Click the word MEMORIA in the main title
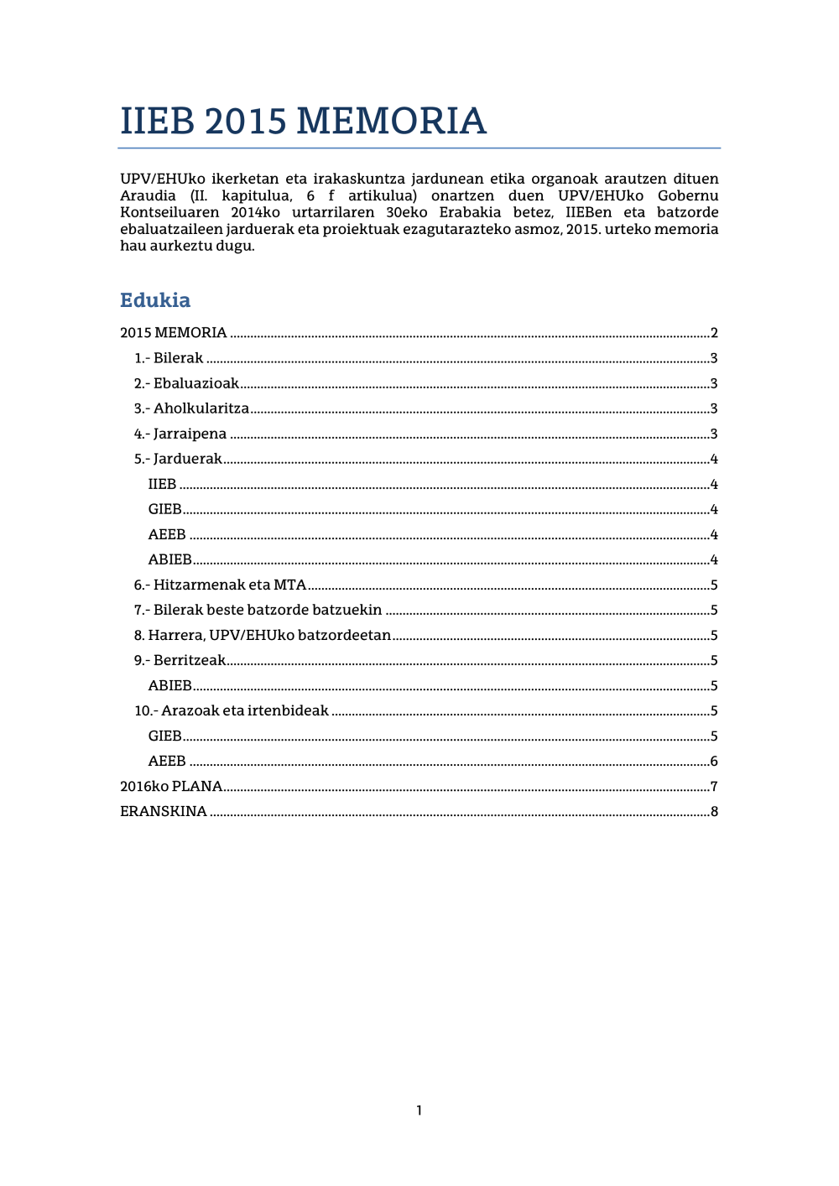click(x=391, y=122)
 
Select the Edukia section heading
click(x=155, y=300)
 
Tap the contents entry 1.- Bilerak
click(x=169, y=358)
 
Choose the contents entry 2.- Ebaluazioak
click(x=186, y=383)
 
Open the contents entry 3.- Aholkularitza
click(x=191, y=408)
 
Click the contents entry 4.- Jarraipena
click(x=180, y=434)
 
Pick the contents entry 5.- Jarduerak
click(x=178, y=459)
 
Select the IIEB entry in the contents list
click(x=162, y=484)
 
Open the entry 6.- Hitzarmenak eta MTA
click(x=220, y=585)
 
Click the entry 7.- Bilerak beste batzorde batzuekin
click(x=258, y=610)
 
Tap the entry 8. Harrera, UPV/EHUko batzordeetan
click(x=262, y=635)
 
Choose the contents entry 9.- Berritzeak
click(x=180, y=660)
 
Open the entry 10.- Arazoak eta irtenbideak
click(x=232, y=710)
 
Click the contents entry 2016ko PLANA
click(x=171, y=786)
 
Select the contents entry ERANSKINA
click(x=164, y=811)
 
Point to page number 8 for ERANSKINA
click(x=714, y=812)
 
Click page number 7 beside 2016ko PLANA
click(x=714, y=787)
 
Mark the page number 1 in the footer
click(x=419, y=1111)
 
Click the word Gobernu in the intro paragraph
click(x=688, y=195)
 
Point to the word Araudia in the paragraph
click(x=148, y=195)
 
